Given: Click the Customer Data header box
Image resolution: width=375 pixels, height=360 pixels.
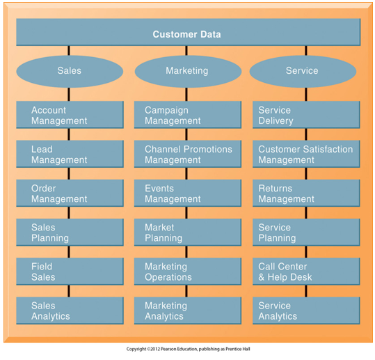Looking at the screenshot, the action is pyautogui.click(x=189, y=32).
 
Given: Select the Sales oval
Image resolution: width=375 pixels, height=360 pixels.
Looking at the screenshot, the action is pyautogui.click(x=70, y=71).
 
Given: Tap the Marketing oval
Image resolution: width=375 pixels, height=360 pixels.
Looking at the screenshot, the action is pyautogui.click(x=188, y=71).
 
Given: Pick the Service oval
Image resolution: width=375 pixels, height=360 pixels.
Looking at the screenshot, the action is pyautogui.click(x=303, y=71).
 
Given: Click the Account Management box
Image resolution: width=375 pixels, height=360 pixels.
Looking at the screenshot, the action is pyautogui.click(x=70, y=115).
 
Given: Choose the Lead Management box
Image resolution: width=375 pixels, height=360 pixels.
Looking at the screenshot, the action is pyautogui.click(x=70, y=154).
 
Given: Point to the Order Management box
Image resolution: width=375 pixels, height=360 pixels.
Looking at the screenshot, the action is pyautogui.click(x=70, y=193).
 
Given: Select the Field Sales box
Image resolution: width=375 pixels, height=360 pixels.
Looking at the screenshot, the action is pyautogui.click(x=70, y=271).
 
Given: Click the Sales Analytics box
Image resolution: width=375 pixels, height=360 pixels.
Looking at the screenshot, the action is pyautogui.click(x=70, y=311).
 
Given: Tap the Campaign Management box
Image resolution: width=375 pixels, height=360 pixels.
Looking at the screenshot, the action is pyautogui.click(x=188, y=115).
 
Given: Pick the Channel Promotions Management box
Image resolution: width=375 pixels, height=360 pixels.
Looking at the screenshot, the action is pyautogui.click(x=188, y=154).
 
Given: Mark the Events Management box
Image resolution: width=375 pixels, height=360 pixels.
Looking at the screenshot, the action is pyautogui.click(x=188, y=193).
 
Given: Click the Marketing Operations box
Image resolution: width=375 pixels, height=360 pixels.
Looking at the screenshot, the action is pyautogui.click(x=188, y=271).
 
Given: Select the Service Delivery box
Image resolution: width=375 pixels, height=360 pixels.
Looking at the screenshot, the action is pyautogui.click(x=306, y=115).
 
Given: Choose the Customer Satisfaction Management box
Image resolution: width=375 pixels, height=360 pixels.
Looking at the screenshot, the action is pyautogui.click(x=306, y=154).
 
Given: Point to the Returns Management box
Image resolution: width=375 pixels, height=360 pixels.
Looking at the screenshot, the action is pyautogui.click(x=306, y=193).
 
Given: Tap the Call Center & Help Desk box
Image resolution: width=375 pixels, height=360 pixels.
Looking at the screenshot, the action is pyautogui.click(x=306, y=271).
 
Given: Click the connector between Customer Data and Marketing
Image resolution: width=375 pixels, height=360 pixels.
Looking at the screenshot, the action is pyautogui.click(x=186, y=51).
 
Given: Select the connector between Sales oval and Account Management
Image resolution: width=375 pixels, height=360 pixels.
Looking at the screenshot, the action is pyautogui.click(x=69, y=94).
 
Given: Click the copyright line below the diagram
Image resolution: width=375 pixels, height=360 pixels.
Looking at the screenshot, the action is pyautogui.click(x=189, y=349).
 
